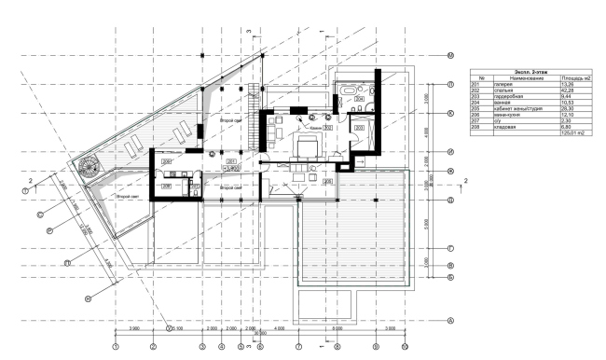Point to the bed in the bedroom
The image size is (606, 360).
click(x=307, y=146)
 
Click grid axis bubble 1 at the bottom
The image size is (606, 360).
click(x=115, y=346)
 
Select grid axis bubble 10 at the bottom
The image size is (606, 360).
click(x=404, y=346)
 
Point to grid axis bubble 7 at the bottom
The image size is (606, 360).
click(x=299, y=346)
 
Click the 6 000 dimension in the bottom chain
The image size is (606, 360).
click(x=337, y=329)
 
